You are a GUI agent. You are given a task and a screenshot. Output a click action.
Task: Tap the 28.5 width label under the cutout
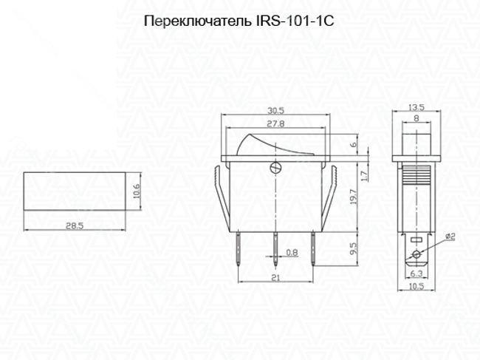[73, 226]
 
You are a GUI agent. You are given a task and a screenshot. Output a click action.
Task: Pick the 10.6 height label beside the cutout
[135, 192]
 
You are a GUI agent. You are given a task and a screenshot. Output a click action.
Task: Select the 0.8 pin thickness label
[292, 253]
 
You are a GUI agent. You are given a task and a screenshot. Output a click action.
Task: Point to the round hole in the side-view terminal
[416, 255]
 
